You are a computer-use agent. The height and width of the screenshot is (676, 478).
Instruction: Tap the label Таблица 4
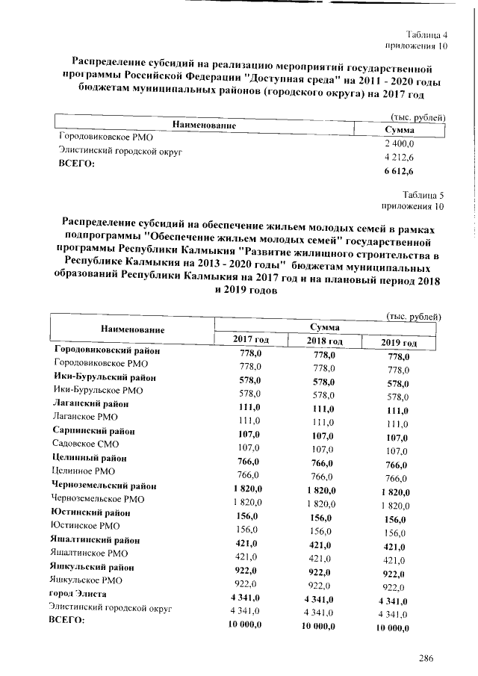pyautogui.click(x=426, y=35)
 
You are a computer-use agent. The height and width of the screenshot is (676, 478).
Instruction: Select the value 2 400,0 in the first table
pyautogui.click(x=399, y=143)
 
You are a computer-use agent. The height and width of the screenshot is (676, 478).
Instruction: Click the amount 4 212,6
pyautogui.click(x=399, y=157)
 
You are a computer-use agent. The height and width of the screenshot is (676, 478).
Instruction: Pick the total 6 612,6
pyautogui.click(x=399, y=171)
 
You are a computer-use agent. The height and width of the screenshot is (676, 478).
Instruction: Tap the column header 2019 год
pyautogui.click(x=398, y=342)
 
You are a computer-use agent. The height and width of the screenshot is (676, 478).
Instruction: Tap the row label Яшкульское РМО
pyautogui.click(x=87, y=580)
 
